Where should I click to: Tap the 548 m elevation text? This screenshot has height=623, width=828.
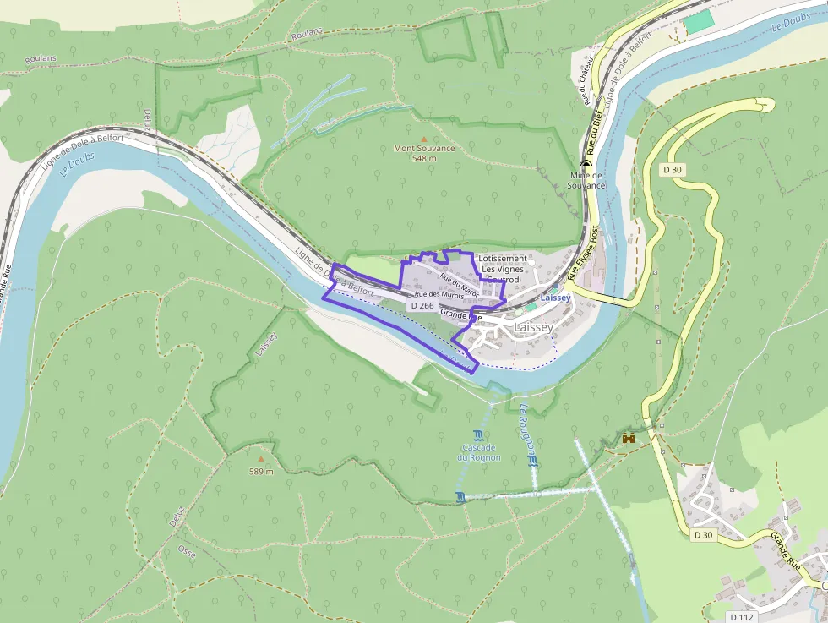[x=424, y=158]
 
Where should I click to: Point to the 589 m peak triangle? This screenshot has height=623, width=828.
[x=260, y=460]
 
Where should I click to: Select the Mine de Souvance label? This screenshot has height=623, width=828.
[x=586, y=180]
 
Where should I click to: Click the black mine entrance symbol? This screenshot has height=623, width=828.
[x=586, y=164]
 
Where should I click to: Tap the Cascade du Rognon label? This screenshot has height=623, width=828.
[x=479, y=452]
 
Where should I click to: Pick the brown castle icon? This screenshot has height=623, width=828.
[x=629, y=438]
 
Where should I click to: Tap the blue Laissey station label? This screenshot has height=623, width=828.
[x=556, y=298]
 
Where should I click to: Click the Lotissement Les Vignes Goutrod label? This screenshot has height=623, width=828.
[x=502, y=269]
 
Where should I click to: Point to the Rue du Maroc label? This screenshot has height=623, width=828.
[x=460, y=286]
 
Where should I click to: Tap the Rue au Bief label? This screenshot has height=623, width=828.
[x=594, y=135]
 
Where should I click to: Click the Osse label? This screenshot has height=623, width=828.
[x=187, y=549]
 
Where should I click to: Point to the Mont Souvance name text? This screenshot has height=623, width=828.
[x=424, y=149]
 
